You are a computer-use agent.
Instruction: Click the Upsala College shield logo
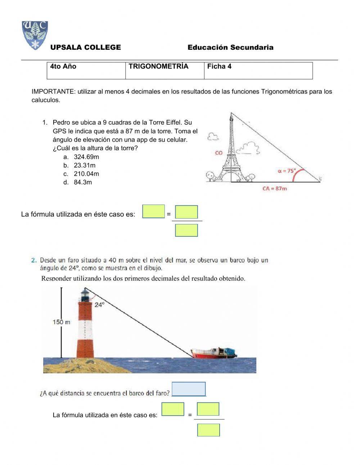pyautogui.click(x=35, y=35)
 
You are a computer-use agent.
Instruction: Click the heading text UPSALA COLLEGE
pyautogui.click(x=86, y=48)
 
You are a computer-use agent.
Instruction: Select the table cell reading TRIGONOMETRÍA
pyautogui.click(x=158, y=67)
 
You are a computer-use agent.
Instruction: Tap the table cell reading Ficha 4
pyautogui.click(x=219, y=67)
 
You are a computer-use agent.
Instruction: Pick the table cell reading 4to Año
pyautogui.click(x=63, y=67)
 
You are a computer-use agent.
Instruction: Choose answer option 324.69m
pyautogui.click(x=86, y=157)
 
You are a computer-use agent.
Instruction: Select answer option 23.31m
pyautogui.click(x=85, y=166)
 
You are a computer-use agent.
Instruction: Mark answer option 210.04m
pyautogui.click(x=86, y=174)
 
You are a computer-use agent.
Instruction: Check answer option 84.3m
pyautogui.click(x=83, y=183)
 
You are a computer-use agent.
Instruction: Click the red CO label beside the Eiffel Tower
pyautogui.click(x=219, y=153)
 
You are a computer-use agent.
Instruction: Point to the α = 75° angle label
pyautogui.click(x=286, y=171)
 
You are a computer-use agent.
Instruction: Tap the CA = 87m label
pyautogui.click(x=274, y=188)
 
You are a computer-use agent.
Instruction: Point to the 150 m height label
pyautogui.click(x=62, y=322)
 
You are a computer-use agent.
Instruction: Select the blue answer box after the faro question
pyautogui.click(x=189, y=389)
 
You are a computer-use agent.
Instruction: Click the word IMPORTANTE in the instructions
pyautogui.click(x=53, y=92)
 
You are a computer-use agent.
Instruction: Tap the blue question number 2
pyautogui.click(x=33, y=260)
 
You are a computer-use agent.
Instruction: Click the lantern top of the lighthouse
pyautogui.click(x=85, y=294)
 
